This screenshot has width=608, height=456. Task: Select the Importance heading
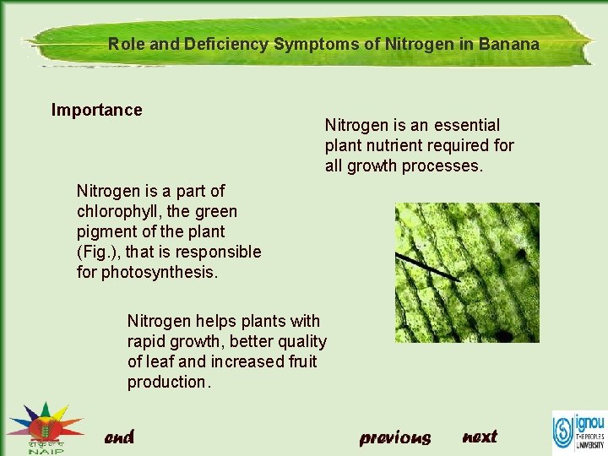coord(96,110)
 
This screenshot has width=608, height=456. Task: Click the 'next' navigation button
coord(480,437)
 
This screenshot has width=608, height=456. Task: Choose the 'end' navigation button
coord(119,437)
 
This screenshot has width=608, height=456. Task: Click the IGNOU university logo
coord(578,432)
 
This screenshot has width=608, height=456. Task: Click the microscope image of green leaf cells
coord(467,272)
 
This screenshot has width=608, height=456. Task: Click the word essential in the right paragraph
coord(466,125)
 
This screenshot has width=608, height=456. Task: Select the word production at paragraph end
coord(166,382)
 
